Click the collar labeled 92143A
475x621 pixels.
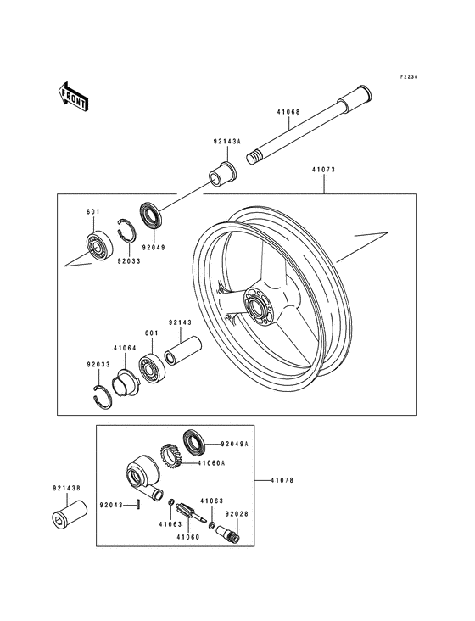(223, 172)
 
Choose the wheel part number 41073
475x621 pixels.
(324, 170)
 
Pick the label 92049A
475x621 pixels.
(234, 444)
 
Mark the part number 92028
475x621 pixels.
(236, 513)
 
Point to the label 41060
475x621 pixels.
(187, 537)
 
